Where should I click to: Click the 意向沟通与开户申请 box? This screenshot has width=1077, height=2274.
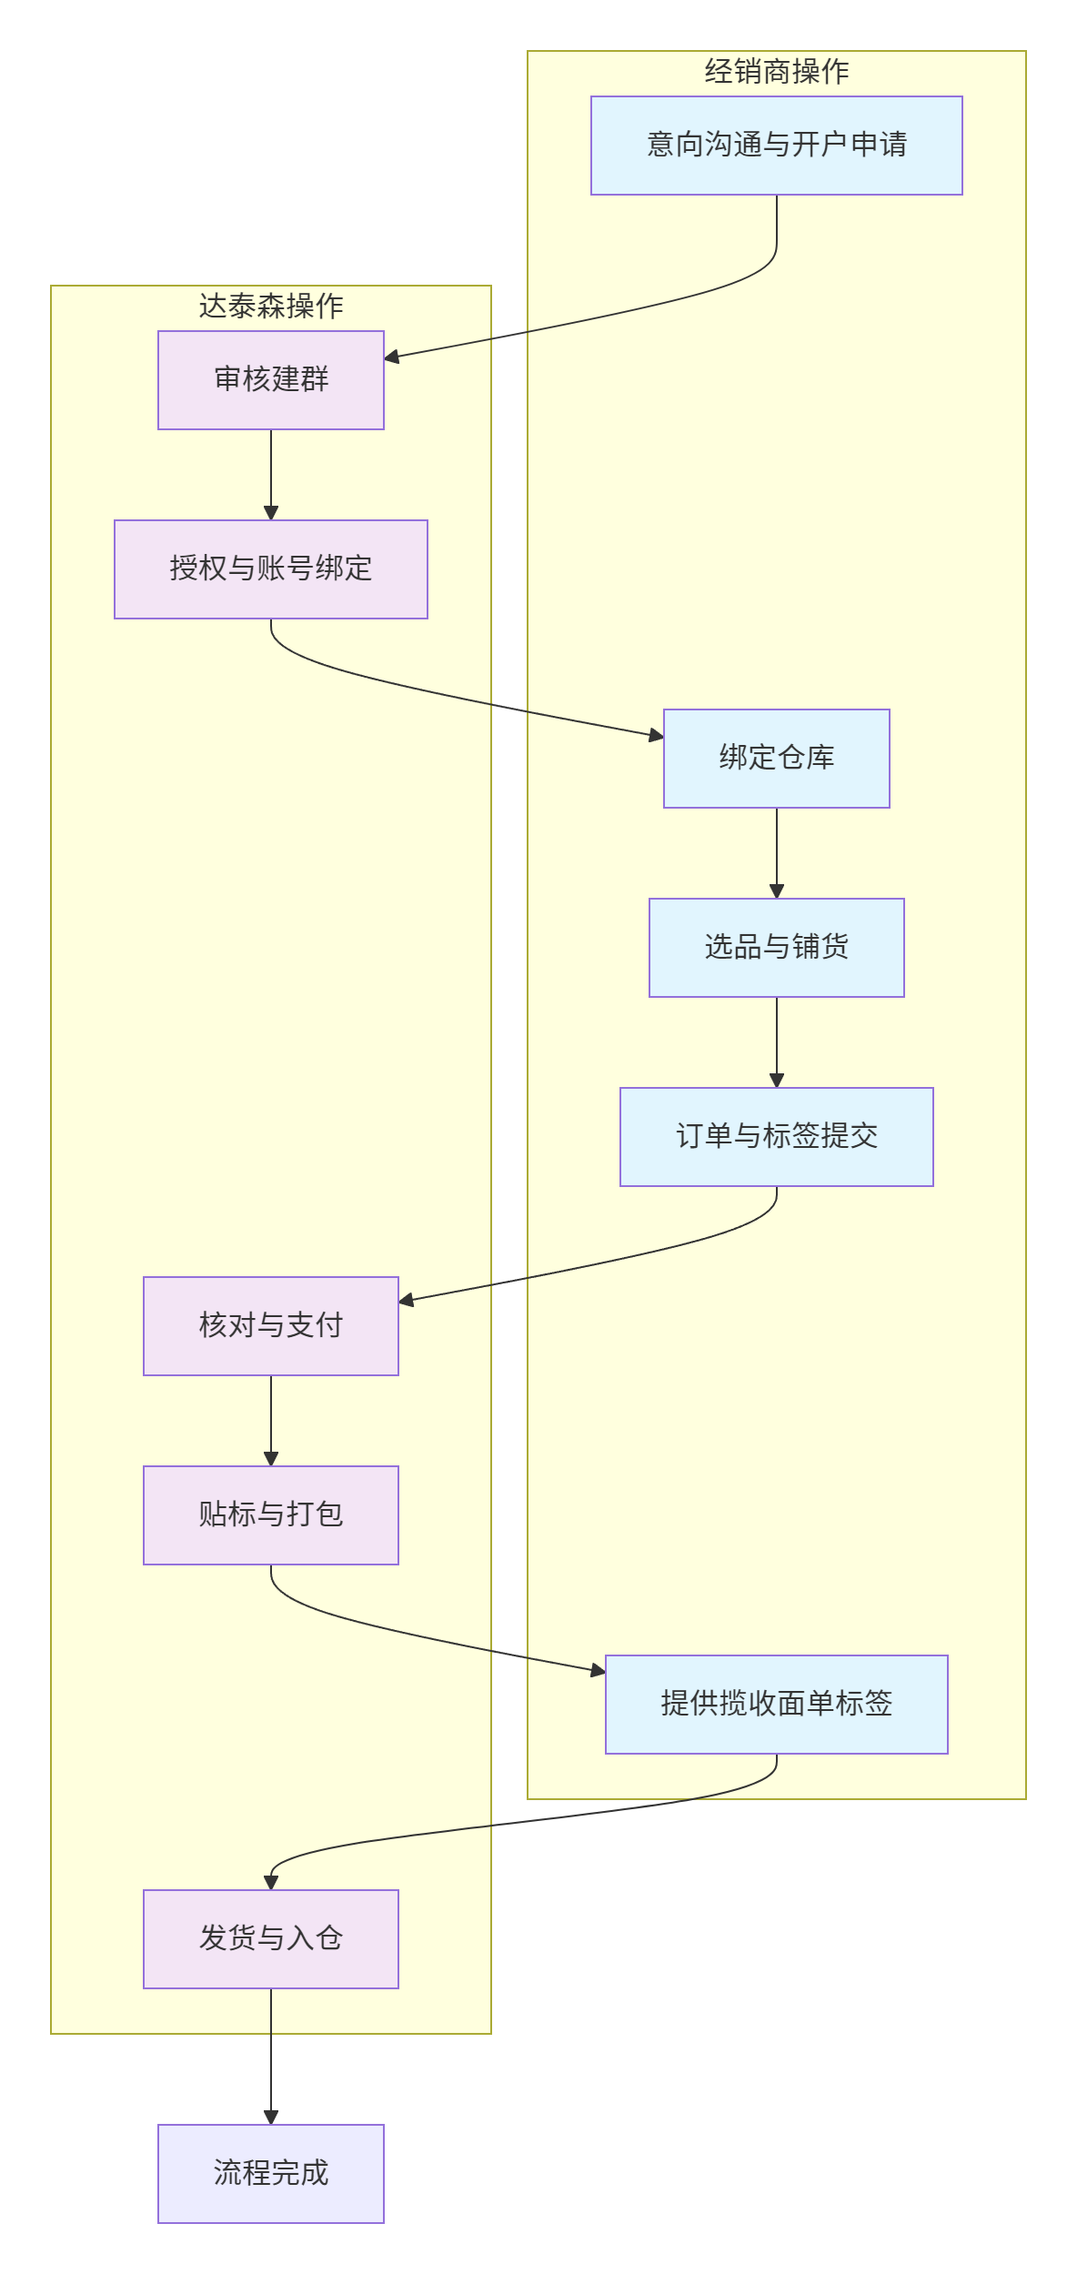776,146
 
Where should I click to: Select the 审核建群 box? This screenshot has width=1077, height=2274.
270,380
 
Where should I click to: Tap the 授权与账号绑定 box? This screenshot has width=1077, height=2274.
270,569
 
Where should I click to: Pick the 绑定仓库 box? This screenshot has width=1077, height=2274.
776,759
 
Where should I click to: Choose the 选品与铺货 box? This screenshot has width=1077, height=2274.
776,948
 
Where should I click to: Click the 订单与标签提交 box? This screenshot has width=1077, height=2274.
776,1137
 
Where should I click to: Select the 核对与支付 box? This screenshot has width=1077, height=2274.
270,1326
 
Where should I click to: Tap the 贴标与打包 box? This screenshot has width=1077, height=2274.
270,1515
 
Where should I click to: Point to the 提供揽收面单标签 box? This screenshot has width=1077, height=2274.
776,1705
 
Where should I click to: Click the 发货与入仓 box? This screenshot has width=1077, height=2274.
270,1939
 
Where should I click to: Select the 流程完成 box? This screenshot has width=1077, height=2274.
270,2174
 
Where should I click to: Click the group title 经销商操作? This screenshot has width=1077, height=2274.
776,72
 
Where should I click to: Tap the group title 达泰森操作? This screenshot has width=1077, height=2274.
270,307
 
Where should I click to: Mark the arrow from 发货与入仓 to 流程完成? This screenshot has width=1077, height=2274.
270,2056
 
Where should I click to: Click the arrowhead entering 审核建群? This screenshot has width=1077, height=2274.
392,357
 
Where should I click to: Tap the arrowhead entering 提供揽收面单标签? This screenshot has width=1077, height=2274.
598,1671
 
